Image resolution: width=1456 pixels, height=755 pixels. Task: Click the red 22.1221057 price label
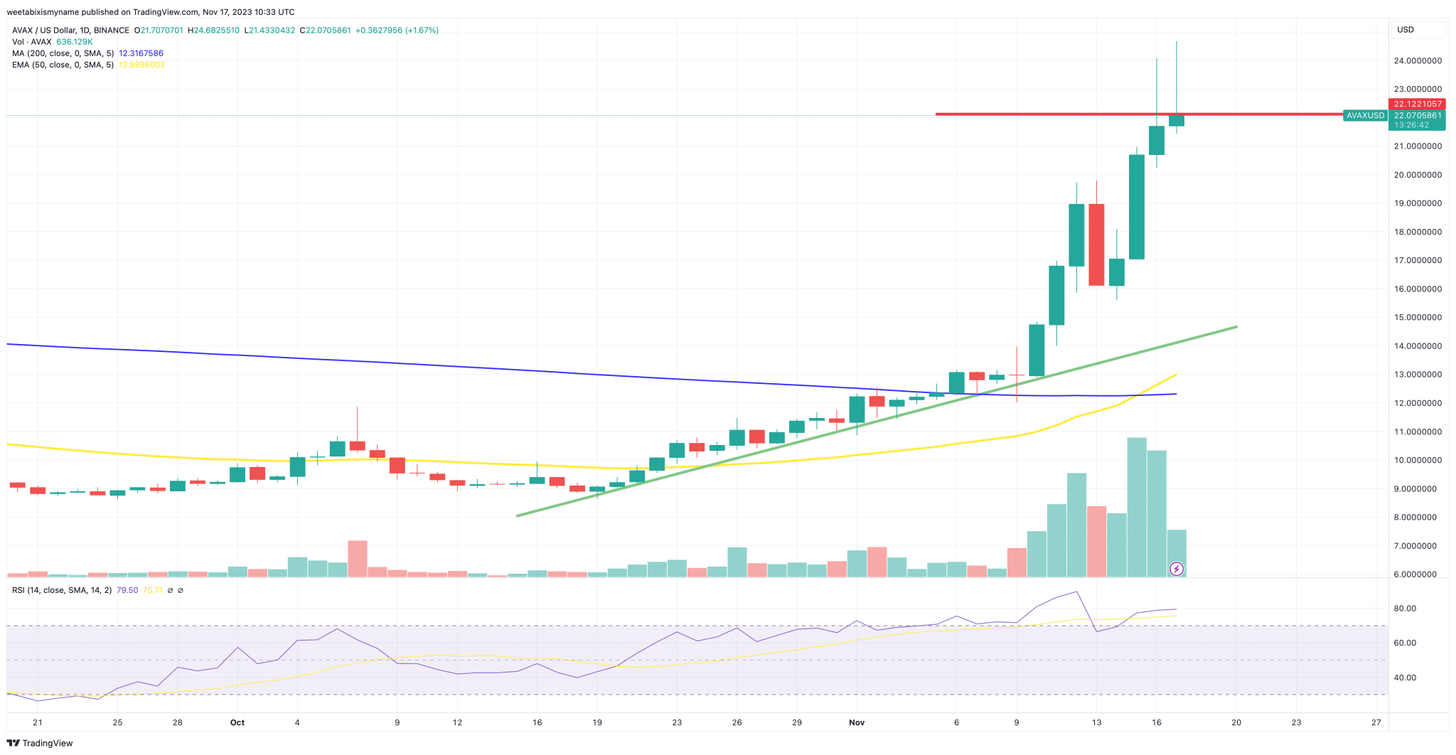1417,104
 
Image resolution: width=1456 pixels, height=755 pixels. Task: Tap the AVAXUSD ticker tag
1365,115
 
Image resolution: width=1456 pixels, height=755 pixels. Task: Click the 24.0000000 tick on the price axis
1417,61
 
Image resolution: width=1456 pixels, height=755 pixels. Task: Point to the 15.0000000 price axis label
1417,318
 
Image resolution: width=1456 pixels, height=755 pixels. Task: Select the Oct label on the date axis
237,722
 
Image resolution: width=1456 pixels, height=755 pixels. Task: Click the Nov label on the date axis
857,722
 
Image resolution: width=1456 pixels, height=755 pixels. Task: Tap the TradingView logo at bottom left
41,743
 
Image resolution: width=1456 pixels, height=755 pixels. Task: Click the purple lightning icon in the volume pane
1177,568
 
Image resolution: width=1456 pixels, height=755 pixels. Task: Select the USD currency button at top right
1406,30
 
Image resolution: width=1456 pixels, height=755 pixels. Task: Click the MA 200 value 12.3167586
141,53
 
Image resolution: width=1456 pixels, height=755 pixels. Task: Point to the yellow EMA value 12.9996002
141,65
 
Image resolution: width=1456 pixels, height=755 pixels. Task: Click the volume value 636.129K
75,42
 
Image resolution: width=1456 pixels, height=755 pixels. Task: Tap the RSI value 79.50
127,590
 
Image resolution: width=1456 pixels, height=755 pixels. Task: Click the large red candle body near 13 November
1096,245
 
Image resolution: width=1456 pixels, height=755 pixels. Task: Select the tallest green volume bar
1136,506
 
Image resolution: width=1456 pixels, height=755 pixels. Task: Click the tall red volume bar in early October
357,558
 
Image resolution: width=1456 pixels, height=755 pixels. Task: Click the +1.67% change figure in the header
422,31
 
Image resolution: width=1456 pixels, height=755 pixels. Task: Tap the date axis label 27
1376,722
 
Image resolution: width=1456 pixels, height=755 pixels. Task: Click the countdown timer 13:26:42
1411,125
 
